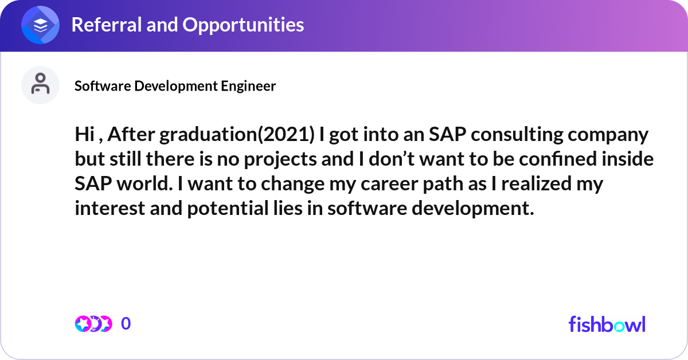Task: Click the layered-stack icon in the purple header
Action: (40, 26)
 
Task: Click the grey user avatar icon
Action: (40, 85)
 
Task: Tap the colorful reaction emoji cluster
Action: (92, 324)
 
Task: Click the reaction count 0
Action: (126, 324)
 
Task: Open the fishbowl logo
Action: (607, 324)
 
